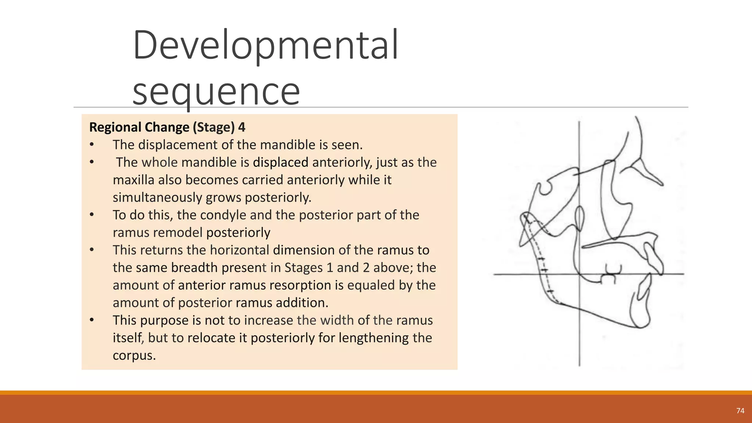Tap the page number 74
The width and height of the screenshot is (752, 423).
tap(740, 411)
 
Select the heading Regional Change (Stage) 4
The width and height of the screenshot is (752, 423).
tap(167, 127)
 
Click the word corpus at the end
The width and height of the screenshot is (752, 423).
tap(134, 355)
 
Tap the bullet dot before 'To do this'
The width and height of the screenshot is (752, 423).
tap(92, 215)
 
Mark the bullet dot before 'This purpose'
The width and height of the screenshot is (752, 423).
tap(92, 320)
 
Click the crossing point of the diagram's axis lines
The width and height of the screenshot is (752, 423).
tap(579, 274)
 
